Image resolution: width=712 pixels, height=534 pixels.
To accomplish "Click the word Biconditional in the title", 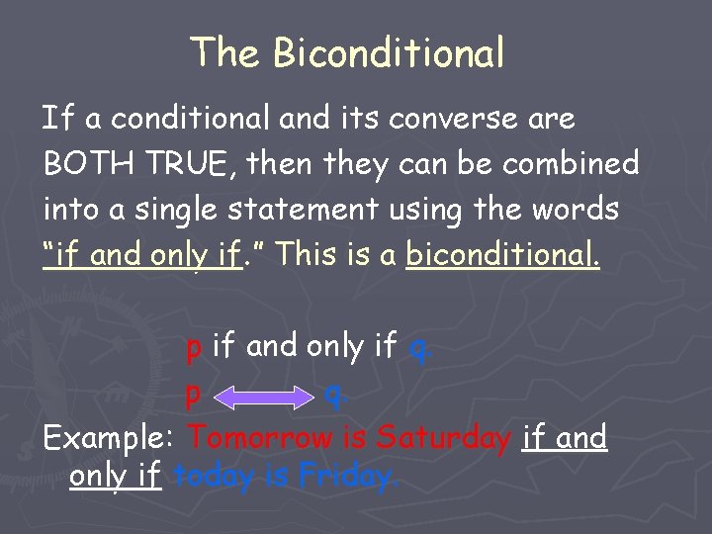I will pos(389,52).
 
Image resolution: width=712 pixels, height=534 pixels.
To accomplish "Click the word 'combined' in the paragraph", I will pos(571,163).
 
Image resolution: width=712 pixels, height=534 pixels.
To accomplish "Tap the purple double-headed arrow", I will pos(263,398).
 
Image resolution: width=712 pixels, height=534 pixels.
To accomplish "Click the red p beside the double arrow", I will pos(195,396).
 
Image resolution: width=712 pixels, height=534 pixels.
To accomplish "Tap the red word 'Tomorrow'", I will pos(260,436).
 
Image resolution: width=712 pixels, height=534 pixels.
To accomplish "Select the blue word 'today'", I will pos(212,478).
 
